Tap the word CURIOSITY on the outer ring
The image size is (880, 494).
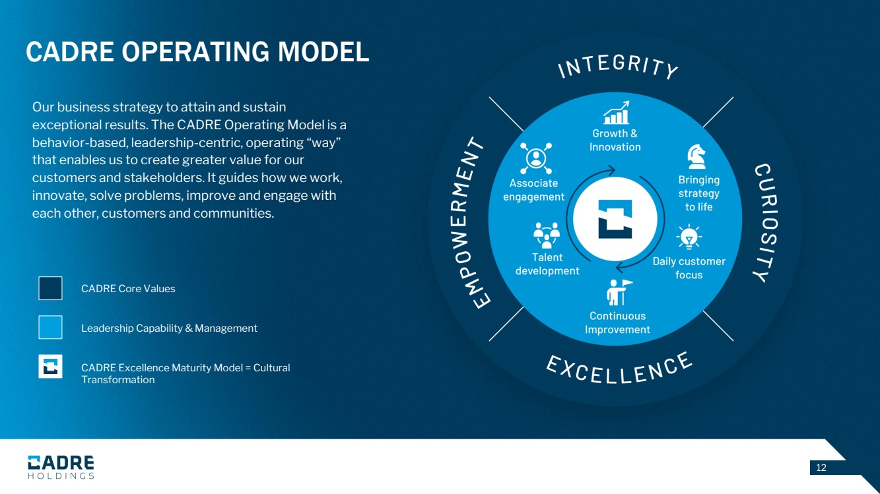click(x=766, y=222)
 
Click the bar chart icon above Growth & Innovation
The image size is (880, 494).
click(x=616, y=113)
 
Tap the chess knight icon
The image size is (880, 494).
click(x=696, y=156)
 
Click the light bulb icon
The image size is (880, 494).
click(x=689, y=237)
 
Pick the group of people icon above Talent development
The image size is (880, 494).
click(x=547, y=235)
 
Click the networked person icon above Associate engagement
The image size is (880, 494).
click(x=536, y=158)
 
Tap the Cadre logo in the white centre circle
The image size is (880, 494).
click(x=615, y=219)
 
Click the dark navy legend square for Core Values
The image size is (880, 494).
click(x=50, y=288)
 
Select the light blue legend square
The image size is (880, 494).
click(x=50, y=327)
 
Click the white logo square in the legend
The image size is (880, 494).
click(x=50, y=367)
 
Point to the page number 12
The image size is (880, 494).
click(x=821, y=468)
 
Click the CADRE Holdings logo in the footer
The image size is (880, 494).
click(x=61, y=467)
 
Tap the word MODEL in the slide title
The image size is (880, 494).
click(x=323, y=52)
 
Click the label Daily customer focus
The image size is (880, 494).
click(x=689, y=268)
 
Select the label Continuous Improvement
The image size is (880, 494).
click(x=617, y=323)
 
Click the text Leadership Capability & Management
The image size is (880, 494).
click(x=169, y=328)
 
